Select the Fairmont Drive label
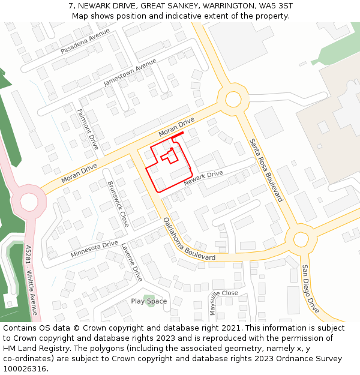coord(88,129)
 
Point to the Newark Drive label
coord(203,178)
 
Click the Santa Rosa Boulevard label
coord(266,170)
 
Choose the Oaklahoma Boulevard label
coord(189,239)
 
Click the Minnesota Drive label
coord(94,249)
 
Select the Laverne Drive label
coord(131,262)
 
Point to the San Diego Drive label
coord(311,289)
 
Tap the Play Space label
coord(149,301)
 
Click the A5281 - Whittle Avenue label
coord(31,280)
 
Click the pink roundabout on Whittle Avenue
coord(29,201)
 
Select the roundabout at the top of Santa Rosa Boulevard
coord(233,99)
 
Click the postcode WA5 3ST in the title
coord(277,5)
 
